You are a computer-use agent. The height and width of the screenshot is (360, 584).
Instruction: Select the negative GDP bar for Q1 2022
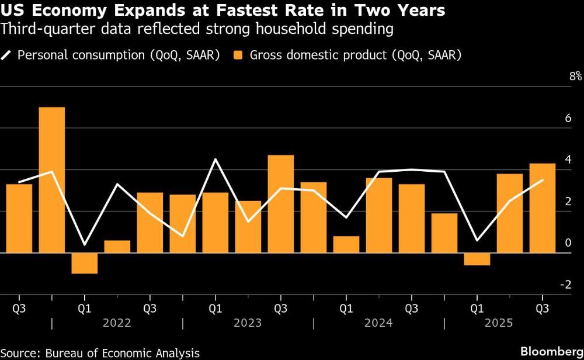[84, 263]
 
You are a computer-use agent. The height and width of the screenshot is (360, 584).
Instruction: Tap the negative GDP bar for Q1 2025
[477, 259]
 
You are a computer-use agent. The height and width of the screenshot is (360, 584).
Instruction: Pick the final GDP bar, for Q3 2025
[543, 208]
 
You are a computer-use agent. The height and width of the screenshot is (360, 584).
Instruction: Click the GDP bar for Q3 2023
[280, 204]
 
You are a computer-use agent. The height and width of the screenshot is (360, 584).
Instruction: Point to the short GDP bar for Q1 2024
[346, 245]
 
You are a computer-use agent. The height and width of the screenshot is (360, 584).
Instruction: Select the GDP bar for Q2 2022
[117, 247]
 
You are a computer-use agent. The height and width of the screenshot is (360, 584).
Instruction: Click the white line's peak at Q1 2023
[215, 159]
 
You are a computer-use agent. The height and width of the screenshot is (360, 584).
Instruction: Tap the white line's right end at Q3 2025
[543, 180]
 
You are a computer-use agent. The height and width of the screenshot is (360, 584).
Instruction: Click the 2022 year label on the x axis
[117, 323]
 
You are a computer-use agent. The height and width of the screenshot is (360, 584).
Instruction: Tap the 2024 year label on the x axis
[378, 323]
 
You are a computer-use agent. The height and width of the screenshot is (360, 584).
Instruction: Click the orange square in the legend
[238, 56]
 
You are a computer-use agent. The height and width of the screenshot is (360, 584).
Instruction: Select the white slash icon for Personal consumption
[6, 56]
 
